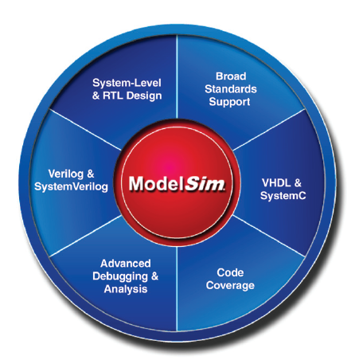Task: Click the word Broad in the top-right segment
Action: pyautogui.click(x=231, y=76)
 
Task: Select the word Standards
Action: pyautogui.click(x=231, y=89)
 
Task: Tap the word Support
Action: pyautogui.click(x=229, y=102)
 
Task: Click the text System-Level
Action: pyautogui.click(x=127, y=83)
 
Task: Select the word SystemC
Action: pyautogui.click(x=283, y=196)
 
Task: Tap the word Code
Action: pyautogui.click(x=230, y=272)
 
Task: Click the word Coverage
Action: pyautogui.click(x=230, y=286)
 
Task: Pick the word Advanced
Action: pyautogui.click(x=126, y=264)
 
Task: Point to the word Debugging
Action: pyautogui.click(x=120, y=276)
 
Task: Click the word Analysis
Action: pyautogui.click(x=126, y=289)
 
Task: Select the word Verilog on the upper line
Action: pyautogui.click(x=66, y=174)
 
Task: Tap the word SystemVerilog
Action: pyautogui.click(x=71, y=187)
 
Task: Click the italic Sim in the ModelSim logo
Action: pyautogui.click(x=205, y=183)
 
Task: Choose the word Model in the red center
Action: pyautogui.click(x=156, y=183)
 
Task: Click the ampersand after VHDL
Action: pyautogui.click(x=298, y=183)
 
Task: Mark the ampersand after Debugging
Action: pyautogui.click(x=154, y=276)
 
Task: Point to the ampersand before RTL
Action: pyautogui.click(x=96, y=96)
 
